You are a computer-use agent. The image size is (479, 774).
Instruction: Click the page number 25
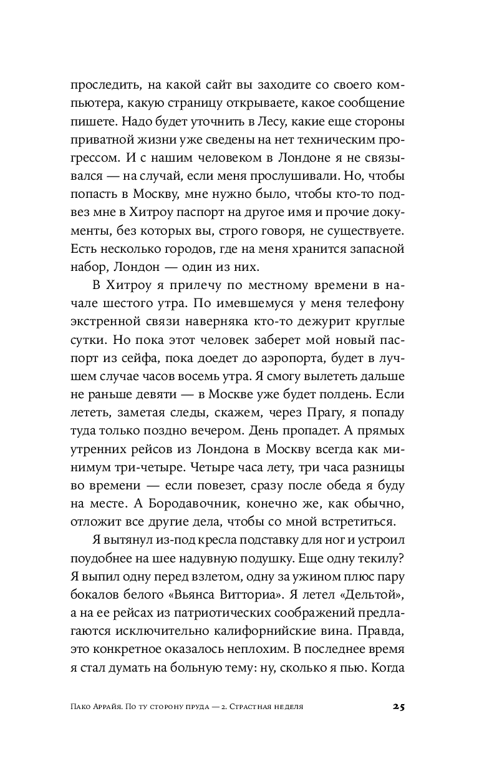399,706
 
